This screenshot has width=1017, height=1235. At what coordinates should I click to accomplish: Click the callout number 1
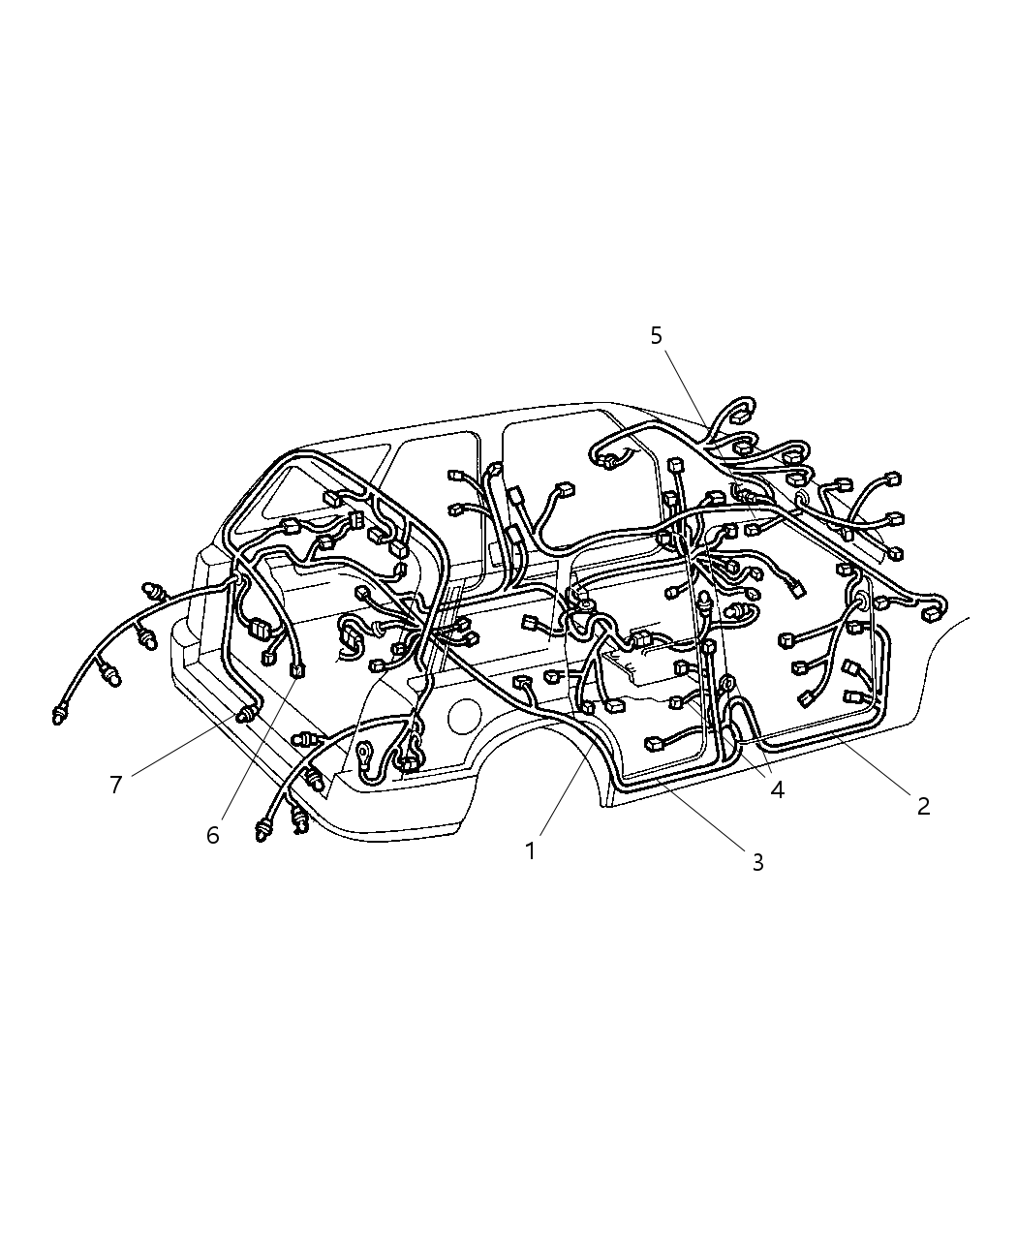[530, 850]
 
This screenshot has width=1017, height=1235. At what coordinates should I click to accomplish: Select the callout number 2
[923, 806]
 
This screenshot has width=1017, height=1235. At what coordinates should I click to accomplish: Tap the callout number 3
[757, 862]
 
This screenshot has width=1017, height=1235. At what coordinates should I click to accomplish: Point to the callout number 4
[777, 789]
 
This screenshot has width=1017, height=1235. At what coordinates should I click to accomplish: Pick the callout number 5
[657, 335]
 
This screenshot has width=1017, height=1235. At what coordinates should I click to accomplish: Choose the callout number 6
[213, 834]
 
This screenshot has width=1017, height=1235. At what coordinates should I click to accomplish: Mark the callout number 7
[116, 785]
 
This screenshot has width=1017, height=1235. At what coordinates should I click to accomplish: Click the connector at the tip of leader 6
[296, 668]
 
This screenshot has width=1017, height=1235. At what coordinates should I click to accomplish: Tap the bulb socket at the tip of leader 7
[248, 716]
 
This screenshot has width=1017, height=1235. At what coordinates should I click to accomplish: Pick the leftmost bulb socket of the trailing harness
[60, 716]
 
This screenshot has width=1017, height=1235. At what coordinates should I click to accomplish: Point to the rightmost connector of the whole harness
[935, 611]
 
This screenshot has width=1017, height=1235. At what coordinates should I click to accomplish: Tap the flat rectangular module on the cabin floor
[634, 669]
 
